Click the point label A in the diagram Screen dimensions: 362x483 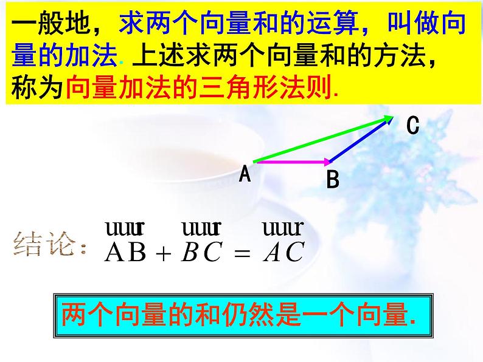[x=245, y=175]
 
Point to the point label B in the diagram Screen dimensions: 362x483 [x=333, y=180]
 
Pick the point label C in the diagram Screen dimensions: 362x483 [x=413, y=126]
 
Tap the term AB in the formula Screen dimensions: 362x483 [x=126, y=253]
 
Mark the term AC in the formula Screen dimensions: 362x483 [x=283, y=253]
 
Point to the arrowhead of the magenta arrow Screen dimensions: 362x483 [x=328, y=162]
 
